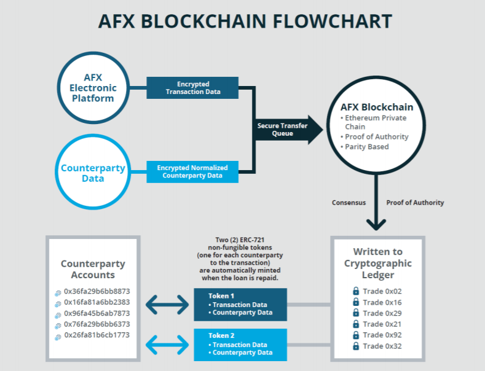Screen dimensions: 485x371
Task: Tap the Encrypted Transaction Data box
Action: point(192,88)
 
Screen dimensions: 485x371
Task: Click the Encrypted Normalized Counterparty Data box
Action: point(192,172)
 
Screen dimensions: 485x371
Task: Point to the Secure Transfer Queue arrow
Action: point(288,130)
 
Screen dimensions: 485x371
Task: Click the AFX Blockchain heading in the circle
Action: point(377,107)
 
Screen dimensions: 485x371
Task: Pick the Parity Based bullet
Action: point(365,147)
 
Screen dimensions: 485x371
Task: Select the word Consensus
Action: point(349,203)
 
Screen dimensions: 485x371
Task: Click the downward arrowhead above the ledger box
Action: point(376,224)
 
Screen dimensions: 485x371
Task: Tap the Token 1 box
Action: point(240,305)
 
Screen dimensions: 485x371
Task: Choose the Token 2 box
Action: point(240,345)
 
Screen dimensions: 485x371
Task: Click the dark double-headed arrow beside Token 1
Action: point(167,305)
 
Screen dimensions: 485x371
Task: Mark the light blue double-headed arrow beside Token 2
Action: point(167,345)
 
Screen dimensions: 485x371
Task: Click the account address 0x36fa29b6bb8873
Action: point(97,291)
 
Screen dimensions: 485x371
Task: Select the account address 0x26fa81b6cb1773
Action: point(97,335)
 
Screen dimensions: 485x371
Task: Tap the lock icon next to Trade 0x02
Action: point(356,291)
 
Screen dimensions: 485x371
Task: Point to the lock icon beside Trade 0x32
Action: point(356,346)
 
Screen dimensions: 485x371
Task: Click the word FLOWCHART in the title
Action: point(332,21)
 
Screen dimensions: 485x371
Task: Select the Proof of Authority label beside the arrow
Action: point(415,203)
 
